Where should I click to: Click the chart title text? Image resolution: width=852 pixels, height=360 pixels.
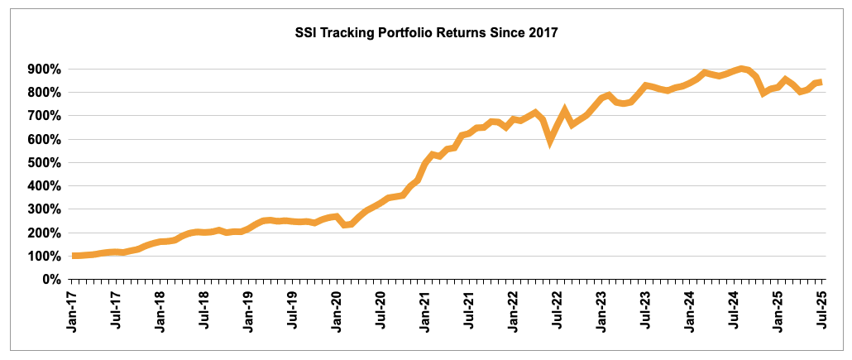[427, 34]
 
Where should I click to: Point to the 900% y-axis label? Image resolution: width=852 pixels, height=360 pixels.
[49, 69]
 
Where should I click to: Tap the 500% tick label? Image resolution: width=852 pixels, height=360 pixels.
[49, 162]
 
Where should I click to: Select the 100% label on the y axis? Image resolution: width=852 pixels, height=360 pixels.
[49, 256]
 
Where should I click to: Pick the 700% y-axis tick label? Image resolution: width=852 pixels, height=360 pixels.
[49, 116]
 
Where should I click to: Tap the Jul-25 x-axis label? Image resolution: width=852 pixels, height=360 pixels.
[821, 310]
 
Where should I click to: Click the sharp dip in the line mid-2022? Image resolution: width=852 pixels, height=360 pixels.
[550, 142]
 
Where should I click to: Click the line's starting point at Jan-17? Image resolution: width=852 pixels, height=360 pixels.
[75, 256]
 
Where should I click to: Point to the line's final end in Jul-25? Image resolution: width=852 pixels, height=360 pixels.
[820, 82]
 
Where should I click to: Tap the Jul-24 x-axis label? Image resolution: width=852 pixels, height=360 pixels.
[734, 310]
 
